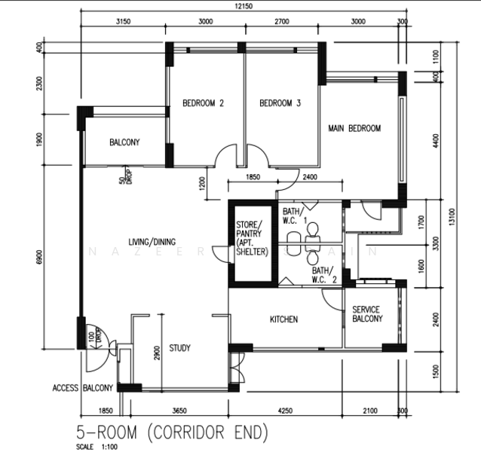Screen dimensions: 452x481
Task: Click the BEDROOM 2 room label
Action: pos(203,104)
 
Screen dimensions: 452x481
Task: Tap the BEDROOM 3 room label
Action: pos(280,104)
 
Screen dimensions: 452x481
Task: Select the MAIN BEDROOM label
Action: pos(354,128)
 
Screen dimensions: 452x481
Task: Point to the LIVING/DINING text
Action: pos(152,242)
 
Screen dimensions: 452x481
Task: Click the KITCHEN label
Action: pos(283,319)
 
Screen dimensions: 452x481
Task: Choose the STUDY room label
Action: pos(179,348)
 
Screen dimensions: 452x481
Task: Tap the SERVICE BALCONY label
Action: pos(366,314)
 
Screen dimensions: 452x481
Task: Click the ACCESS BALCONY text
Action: pos(83,389)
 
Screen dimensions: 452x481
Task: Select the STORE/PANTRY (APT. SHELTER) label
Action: pos(252,239)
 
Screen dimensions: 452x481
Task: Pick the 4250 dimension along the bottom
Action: pos(284,411)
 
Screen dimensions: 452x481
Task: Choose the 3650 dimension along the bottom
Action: pos(179,411)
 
